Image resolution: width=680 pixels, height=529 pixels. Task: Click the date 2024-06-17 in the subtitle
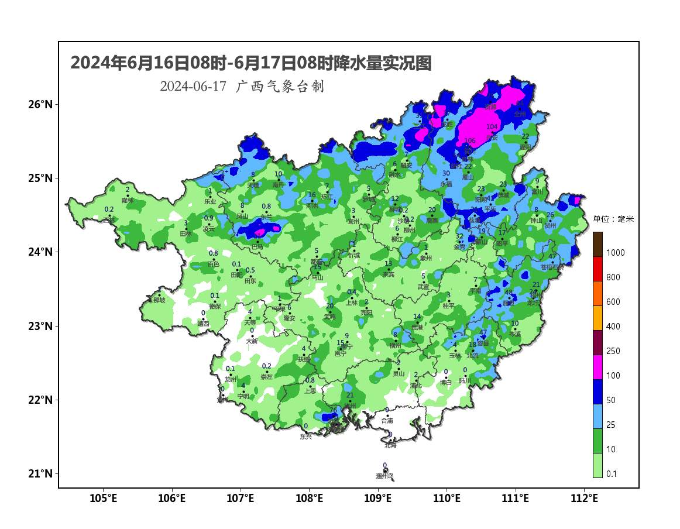pyautogui.click(x=193, y=87)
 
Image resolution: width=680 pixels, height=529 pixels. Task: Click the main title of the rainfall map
pyautogui.click(x=250, y=63)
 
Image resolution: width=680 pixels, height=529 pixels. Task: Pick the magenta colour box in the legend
pyautogui.click(x=597, y=367)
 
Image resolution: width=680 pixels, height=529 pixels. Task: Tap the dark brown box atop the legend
pyautogui.click(x=597, y=244)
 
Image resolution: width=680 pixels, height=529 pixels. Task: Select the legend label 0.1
pyautogui.click(x=611, y=474)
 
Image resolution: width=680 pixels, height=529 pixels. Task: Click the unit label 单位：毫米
pyautogui.click(x=613, y=219)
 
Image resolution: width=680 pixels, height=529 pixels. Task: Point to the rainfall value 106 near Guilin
pyautogui.click(x=470, y=141)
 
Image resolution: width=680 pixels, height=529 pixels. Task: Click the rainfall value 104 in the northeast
pyautogui.click(x=492, y=127)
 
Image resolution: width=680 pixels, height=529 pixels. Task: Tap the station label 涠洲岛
pyautogui.click(x=384, y=476)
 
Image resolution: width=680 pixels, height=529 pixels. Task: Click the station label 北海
pyautogui.click(x=390, y=445)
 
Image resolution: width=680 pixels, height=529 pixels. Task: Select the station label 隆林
pyautogui.click(x=128, y=200)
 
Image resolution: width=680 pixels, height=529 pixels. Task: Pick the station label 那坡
pyautogui.click(x=159, y=300)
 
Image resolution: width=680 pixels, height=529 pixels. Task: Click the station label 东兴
pyautogui.click(x=305, y=437)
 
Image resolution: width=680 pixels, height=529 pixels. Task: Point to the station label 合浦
pyautogui.click(x=387, y=421)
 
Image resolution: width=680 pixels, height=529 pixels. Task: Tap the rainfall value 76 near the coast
pyautogui.click(x=333, y=410)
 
